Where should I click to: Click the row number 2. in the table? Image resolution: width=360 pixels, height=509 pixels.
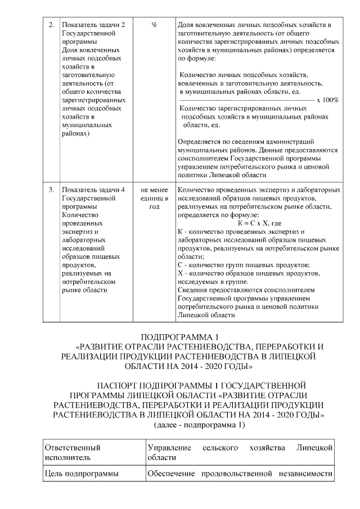pyautogui.click(x=51, y=25)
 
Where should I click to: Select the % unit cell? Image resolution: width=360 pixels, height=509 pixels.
pyautogui.click(x=154, y=25)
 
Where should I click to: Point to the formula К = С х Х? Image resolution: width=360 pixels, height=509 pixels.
pyautogui.click(x=259, y=223)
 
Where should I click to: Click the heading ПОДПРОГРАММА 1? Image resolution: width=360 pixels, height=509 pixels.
pyautogui.click(x=179, y=336)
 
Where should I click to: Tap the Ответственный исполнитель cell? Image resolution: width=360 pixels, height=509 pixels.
pyautogui.click(x=73, y=453)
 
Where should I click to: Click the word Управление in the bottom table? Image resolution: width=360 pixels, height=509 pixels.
pyautogui.click(x=169, y=448)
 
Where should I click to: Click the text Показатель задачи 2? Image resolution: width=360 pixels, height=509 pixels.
pyautogui.click(x=93, y=25)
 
